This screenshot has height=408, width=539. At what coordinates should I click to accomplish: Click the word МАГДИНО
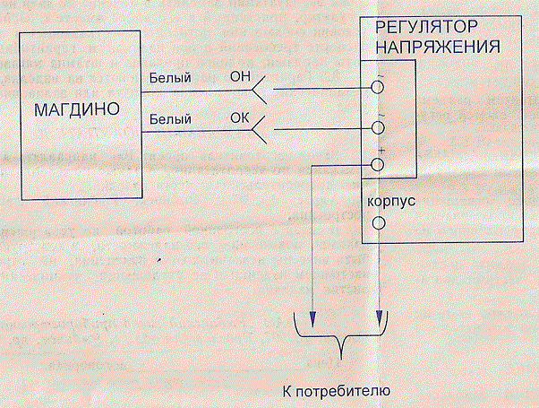(77, 109)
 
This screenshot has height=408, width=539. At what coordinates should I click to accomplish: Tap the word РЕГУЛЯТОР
(426, 27)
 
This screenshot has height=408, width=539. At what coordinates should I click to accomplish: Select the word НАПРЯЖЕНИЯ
(438, 48)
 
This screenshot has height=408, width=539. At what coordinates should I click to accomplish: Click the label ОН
(240, 76)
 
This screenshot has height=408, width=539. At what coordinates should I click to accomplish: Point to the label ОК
(240, 118)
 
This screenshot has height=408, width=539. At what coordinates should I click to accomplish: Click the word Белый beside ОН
(170, 78)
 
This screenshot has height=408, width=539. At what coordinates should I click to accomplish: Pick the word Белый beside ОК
(170, 119)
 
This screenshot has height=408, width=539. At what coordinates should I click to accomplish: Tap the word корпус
(391, 202)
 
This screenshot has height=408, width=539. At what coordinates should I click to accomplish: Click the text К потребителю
(336, 392)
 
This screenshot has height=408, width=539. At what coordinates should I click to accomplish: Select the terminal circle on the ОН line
(378, 88)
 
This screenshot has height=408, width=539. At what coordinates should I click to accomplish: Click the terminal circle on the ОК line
(378, 128)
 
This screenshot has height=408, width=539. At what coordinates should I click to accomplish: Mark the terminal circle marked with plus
(378, 165)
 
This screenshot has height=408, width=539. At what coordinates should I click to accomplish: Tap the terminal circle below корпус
(378, 223)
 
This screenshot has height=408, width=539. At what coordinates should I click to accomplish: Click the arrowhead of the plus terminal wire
(312, 319)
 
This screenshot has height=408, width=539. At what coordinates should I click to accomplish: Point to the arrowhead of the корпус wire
(379, 318)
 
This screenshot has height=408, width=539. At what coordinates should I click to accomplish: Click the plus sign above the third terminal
(381, 151)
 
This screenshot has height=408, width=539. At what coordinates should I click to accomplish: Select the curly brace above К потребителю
(341, 334)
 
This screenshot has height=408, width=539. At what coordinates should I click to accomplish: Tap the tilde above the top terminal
(381, 75)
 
